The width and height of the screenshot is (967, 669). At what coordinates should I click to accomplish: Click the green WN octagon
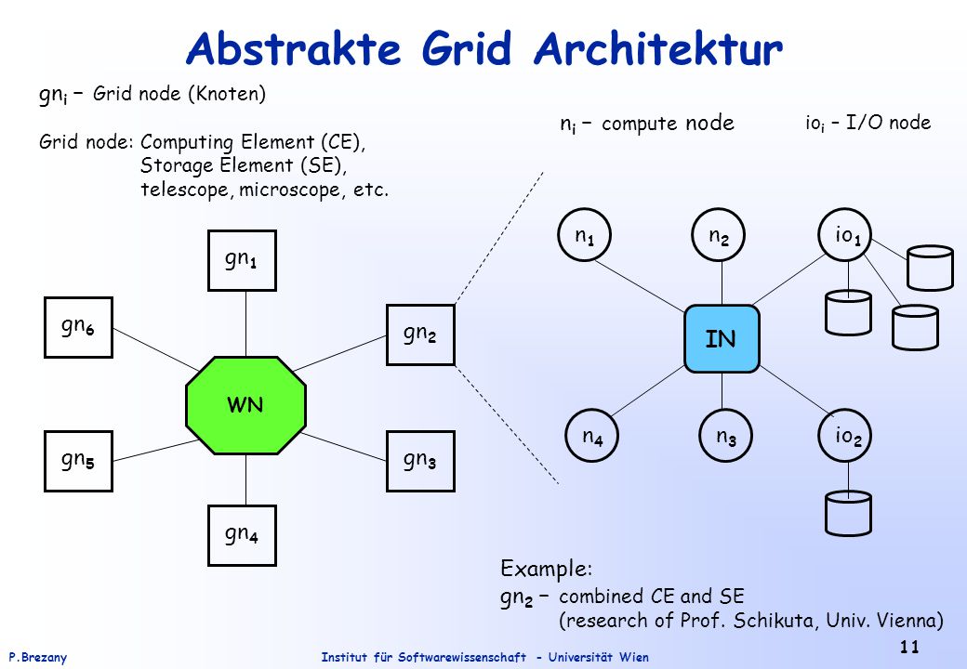[x=245, y=405]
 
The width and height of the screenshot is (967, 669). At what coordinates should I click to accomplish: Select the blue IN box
[x=722, y=339]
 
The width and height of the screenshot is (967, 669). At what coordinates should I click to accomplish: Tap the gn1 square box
[x=242, y=260]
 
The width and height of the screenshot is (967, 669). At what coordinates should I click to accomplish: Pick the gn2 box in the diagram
[x=420, y=335]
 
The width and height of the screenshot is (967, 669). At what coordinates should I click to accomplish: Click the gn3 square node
[x=420, y=461]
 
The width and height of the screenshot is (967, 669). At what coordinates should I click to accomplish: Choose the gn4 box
[x=242, y=535]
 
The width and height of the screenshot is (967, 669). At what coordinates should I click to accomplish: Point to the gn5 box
[x=78, y=461]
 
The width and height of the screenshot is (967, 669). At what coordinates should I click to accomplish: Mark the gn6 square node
[x=78, y=327]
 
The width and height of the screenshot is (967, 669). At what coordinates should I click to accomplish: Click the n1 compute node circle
[x=584, y=235]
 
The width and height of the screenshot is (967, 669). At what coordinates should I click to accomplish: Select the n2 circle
[x=719, y=235]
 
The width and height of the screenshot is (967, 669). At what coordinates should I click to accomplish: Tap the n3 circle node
[x=726, y=436]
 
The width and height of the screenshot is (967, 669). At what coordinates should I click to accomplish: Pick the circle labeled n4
[x=592, y=436]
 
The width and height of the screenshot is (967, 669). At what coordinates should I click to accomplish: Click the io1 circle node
[x=845, y=235]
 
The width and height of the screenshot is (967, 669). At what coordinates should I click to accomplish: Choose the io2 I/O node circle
[x=845, y=436]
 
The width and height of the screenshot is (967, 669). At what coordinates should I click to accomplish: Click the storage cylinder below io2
[x=848, y=513]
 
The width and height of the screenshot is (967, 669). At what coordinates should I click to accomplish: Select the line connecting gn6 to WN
[x=156, y=350]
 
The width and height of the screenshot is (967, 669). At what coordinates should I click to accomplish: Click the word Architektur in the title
[x=658, y=48]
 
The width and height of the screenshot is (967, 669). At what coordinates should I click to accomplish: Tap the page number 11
[x=909, y=646]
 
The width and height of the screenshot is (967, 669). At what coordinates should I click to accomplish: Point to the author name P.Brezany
[x=37, y=657]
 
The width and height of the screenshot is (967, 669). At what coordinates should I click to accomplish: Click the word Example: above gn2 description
[x=547, y=568]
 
